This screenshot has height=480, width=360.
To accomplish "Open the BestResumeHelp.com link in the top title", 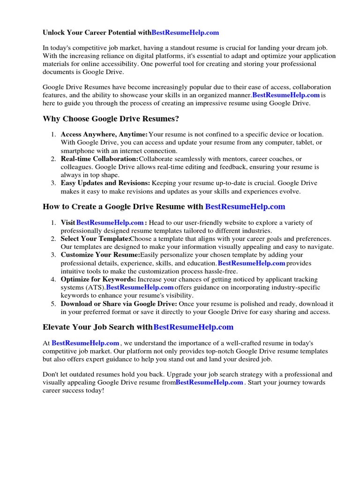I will click(185, 33).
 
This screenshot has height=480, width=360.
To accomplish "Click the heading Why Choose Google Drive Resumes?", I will click(111, 119).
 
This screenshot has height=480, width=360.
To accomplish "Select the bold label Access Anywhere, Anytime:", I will click(104, 134).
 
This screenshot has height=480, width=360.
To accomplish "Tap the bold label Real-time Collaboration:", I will click(99, 159).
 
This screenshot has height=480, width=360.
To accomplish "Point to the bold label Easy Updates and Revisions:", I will click(105, 183).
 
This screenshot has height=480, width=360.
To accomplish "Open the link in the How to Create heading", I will click(245, 206).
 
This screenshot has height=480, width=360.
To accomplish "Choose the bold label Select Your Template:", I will click(95, 239).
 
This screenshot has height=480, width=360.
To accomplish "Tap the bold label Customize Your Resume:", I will click(100, 255).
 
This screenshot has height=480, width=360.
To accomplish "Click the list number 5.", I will click(53, 304).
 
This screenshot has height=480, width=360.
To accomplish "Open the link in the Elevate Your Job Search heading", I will click(193, 327).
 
